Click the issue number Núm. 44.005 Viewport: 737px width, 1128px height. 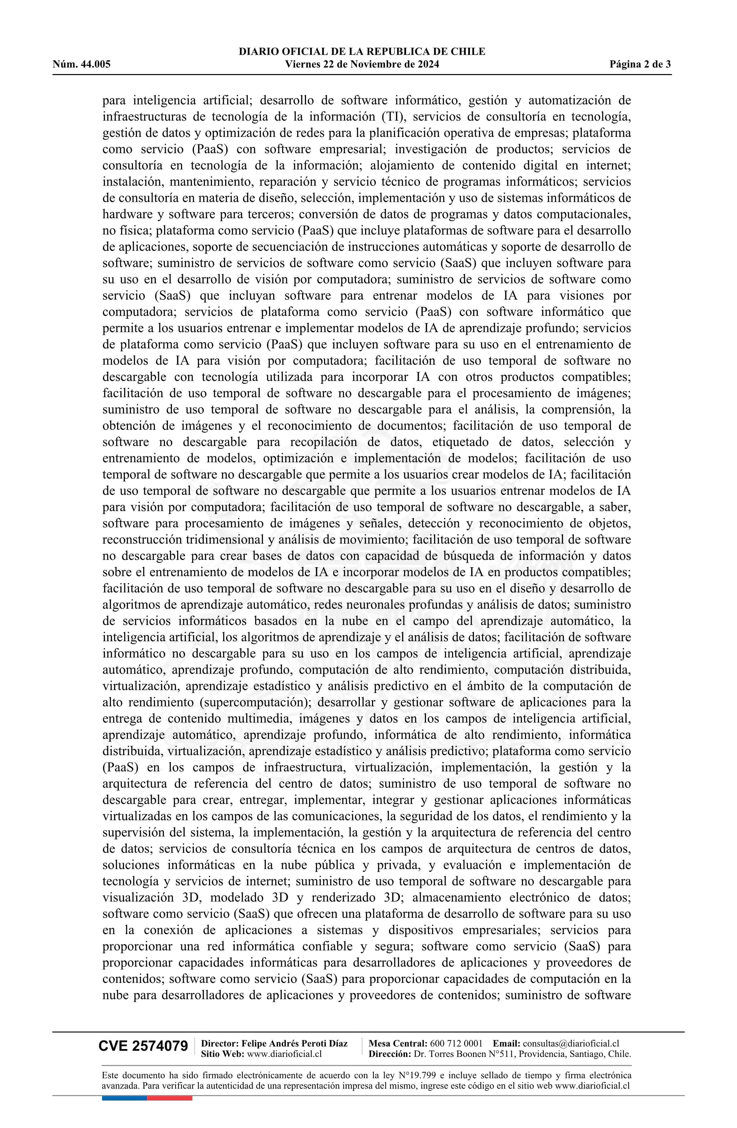click(82, 64)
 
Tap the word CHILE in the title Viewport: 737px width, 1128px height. click(469, 52)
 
